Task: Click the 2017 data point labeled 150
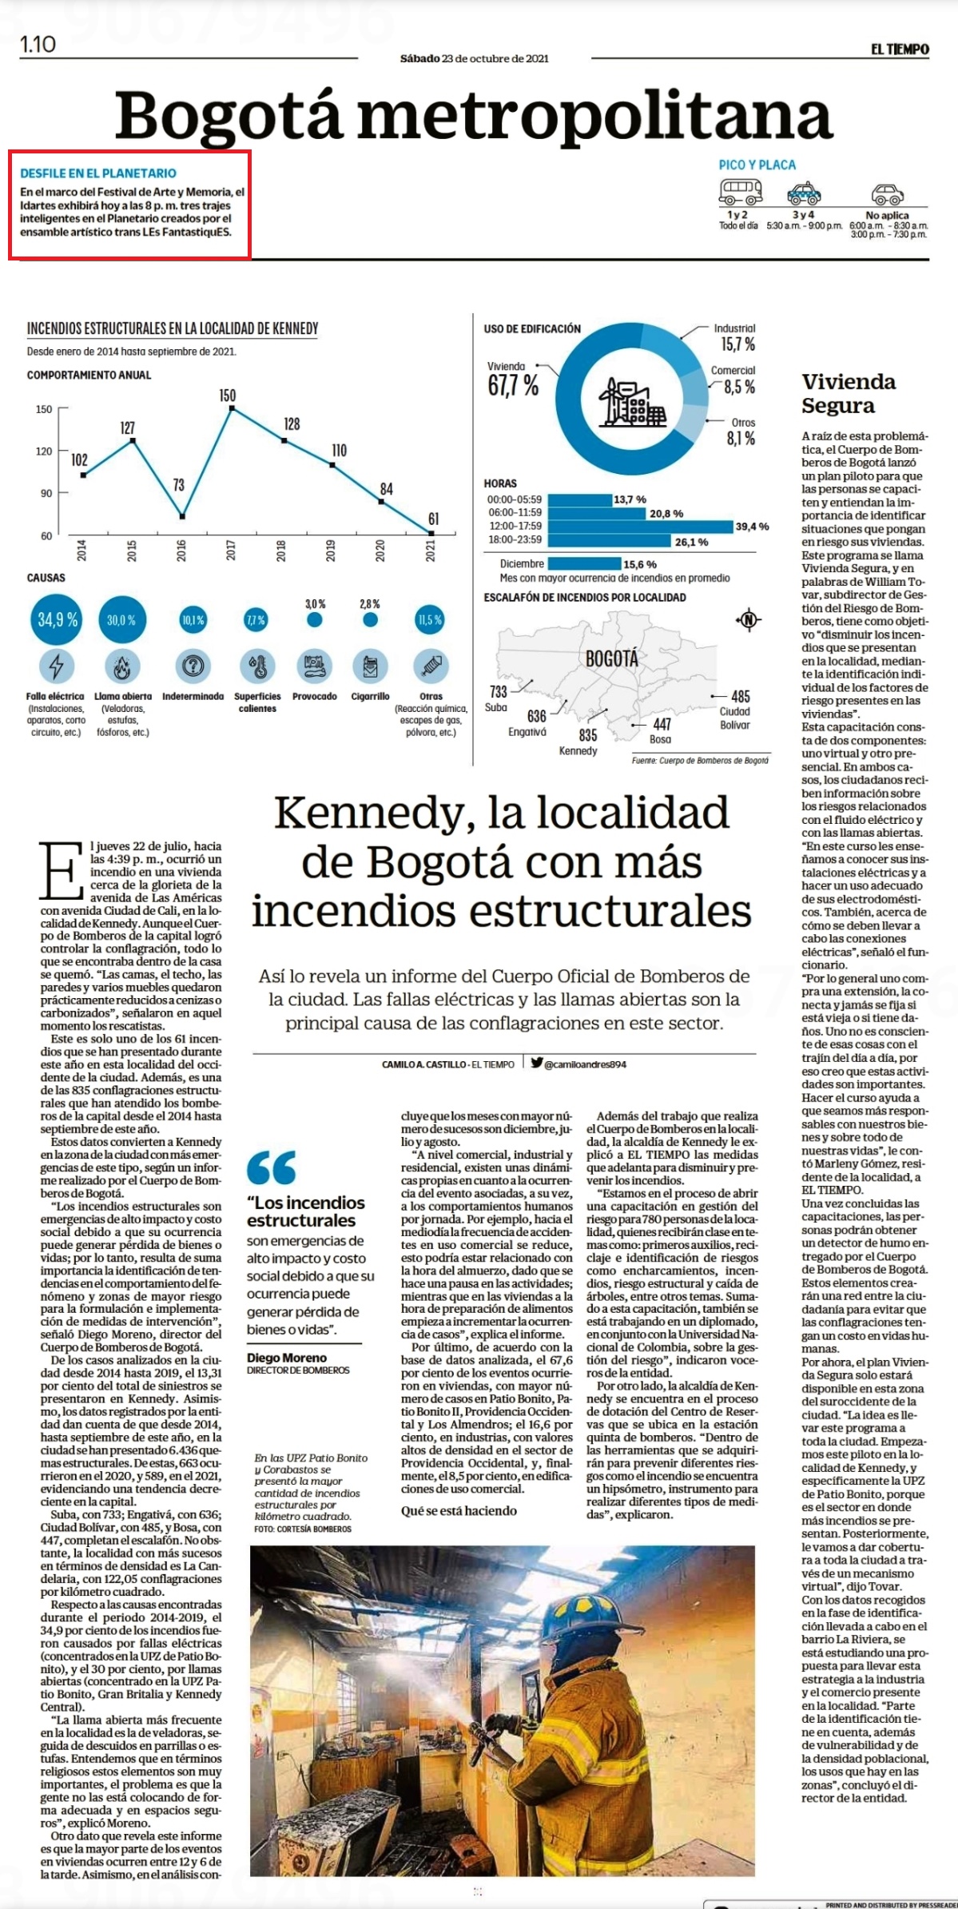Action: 231,408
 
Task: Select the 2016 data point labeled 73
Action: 182,516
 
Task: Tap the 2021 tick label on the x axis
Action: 431,551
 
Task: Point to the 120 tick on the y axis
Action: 45,451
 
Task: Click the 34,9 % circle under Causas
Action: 58,619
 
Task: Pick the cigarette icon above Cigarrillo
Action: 370,666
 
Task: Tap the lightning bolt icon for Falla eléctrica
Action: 57,666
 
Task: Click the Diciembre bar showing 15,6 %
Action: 585,564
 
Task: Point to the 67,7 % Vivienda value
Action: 513,386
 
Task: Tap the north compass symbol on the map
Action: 749,619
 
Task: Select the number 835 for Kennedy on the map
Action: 588,735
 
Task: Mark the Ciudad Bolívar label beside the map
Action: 734,718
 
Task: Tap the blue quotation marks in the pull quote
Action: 272,1167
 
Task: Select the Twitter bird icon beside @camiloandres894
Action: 537,1063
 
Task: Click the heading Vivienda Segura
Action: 849,393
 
